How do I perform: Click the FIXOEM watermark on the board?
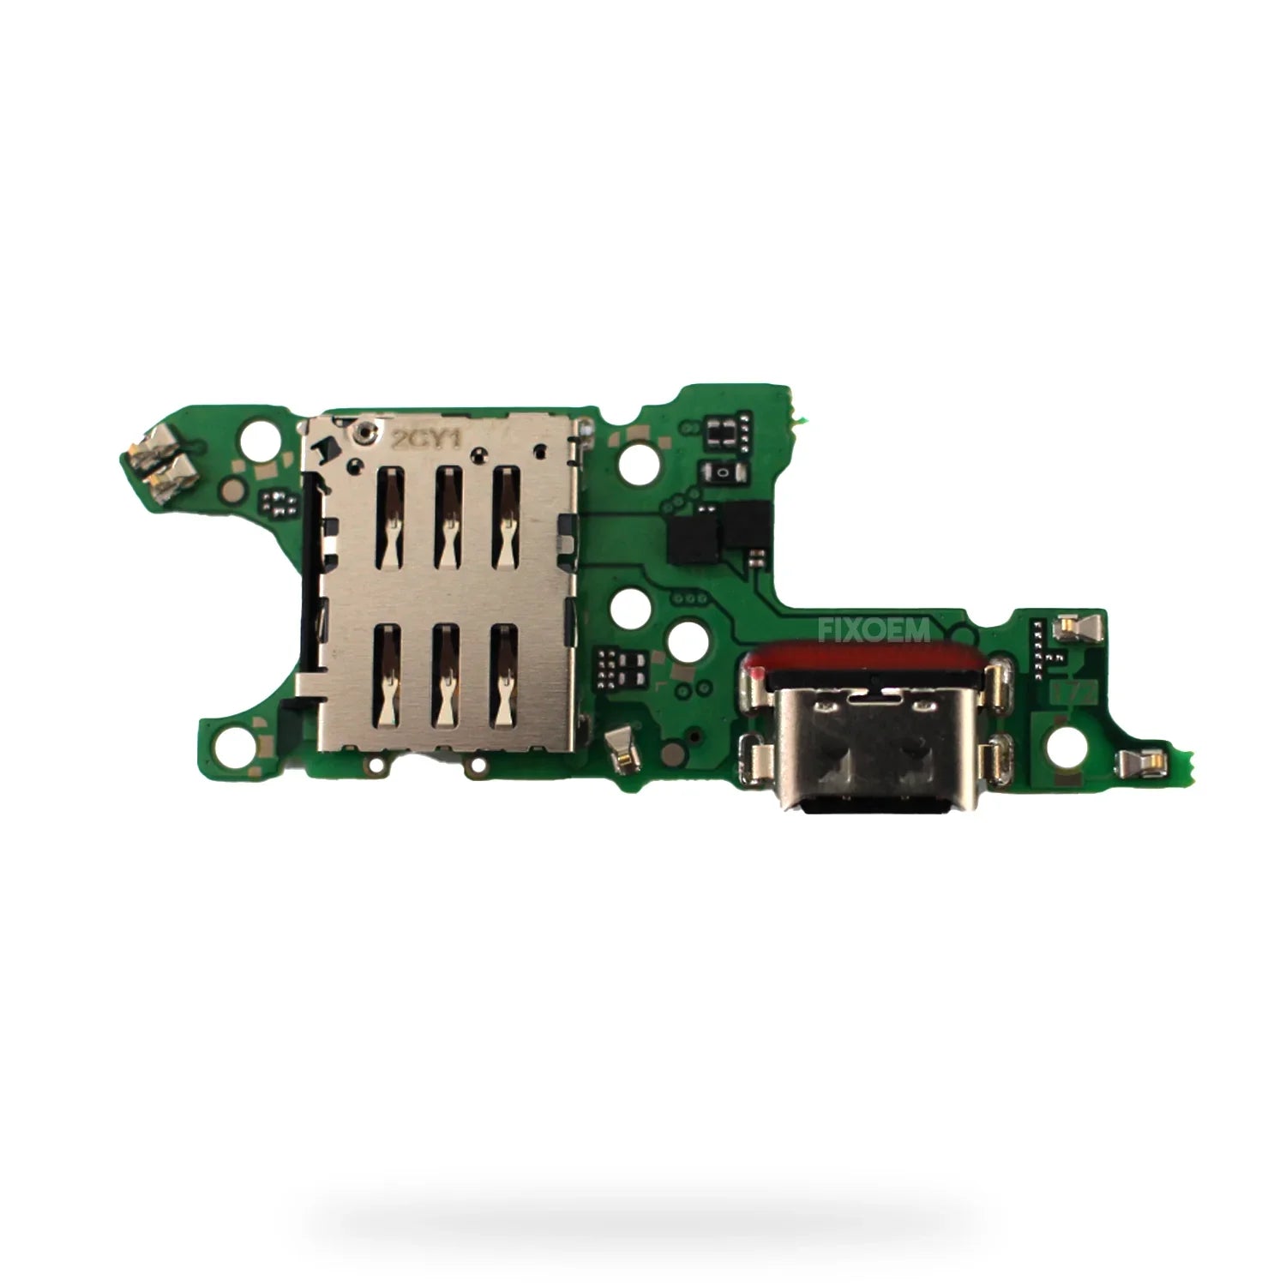(x=874, y=632)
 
